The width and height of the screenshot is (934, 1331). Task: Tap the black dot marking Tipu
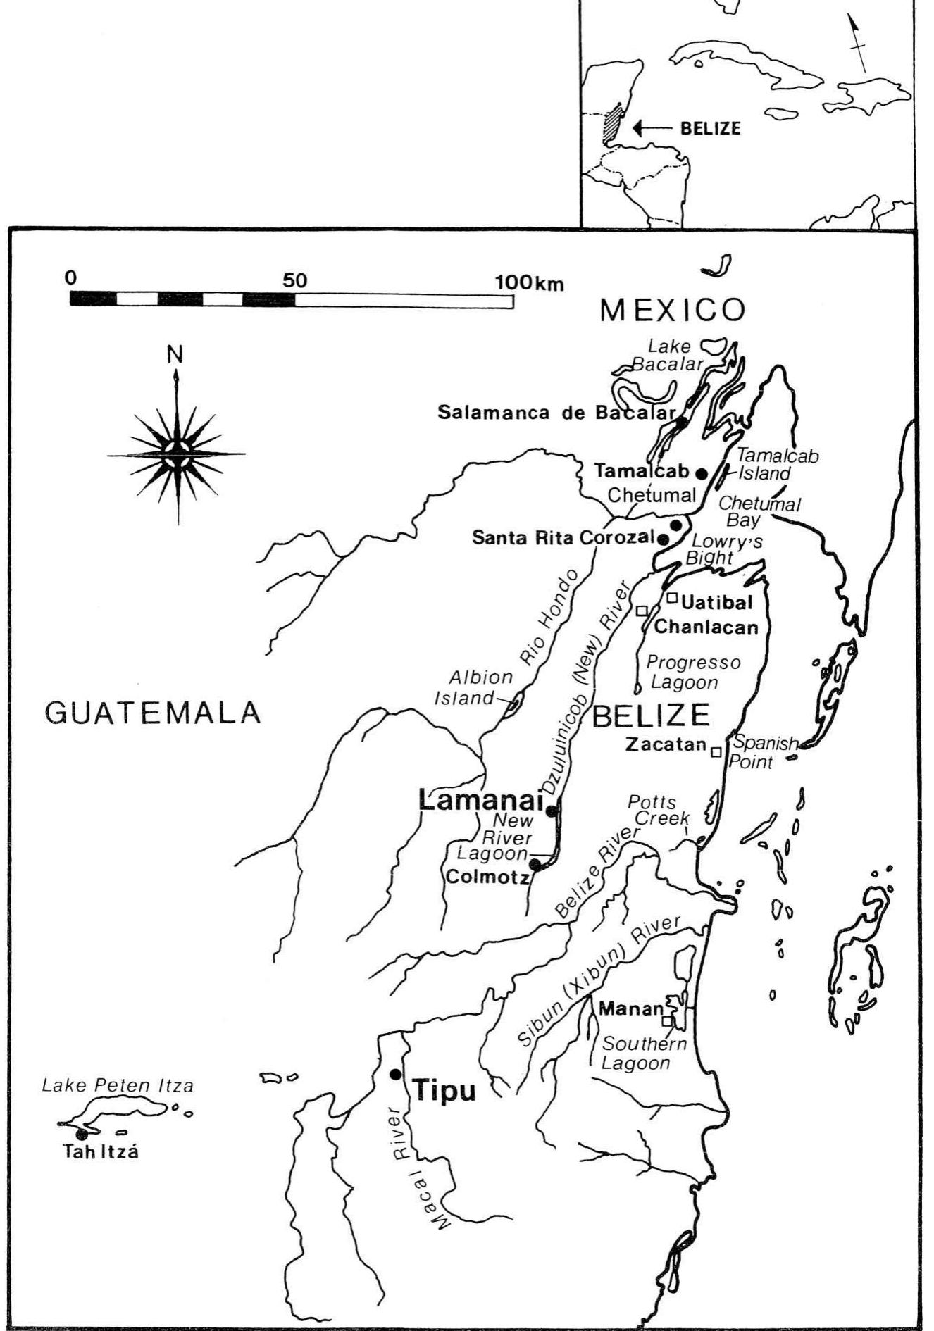point(395,1074)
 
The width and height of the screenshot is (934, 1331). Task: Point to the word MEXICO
point(672,311)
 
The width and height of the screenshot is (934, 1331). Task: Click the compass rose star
point(176,452)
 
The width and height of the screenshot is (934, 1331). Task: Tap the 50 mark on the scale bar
point(295,280)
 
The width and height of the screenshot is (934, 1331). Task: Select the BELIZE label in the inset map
point(710,128)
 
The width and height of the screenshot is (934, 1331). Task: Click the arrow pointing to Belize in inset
point(652,127)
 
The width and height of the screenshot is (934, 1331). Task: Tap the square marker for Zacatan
point(716,752)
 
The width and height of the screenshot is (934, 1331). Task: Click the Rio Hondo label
point(548,618)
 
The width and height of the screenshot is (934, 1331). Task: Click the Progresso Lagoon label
point(692,672)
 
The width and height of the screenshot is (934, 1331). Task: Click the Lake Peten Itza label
point(117,1085)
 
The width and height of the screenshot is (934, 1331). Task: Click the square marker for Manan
point(666,1020)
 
